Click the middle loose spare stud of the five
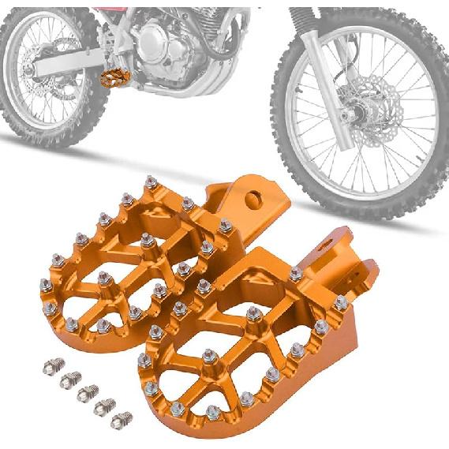point(88,391)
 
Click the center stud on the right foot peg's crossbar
point(253,315)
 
